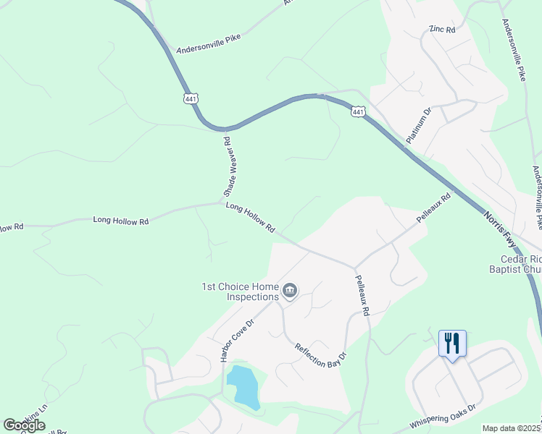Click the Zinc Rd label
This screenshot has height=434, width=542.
pyautogui.click(x=441, y=30)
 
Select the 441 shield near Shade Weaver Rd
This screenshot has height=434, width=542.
pyautogui.click(x=191, y=98)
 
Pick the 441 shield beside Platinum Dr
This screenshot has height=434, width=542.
pyautogui.click(x=358, y=111)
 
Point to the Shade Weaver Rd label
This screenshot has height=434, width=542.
pyautogui.click(x=227, y=166)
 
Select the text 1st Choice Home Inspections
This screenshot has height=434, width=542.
pyautogui.click(x=240, y=292)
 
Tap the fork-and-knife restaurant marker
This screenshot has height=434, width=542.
pyautogui.click(x=452, y=343)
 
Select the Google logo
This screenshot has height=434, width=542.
pyautogui.click(x=24, y=425)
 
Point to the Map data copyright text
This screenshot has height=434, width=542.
pyautogui.click(x=512, y=428)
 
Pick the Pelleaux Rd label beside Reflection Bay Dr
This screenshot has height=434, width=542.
pyautogui.click(x=362, y=294)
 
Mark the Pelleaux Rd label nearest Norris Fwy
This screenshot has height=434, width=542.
pyautogui.click(x=434, y=207)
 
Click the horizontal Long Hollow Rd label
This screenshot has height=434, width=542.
pyautogui.click(x=121, y=220)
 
